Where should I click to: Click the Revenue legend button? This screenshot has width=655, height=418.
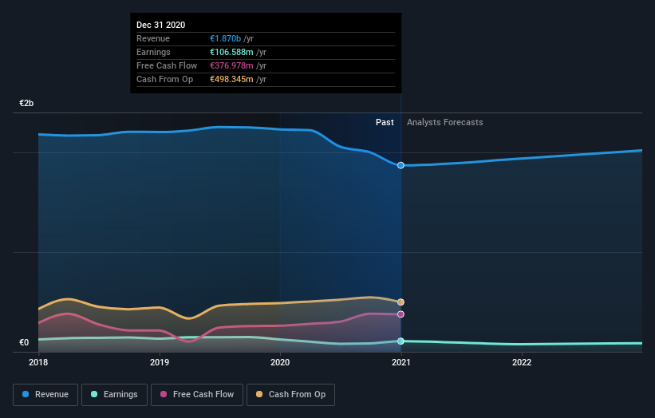(46, 394)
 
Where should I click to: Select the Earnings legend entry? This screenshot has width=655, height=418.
(114, 394)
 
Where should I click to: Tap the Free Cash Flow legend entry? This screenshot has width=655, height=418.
(197, 394)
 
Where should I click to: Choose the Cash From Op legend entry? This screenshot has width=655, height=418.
(291, 394)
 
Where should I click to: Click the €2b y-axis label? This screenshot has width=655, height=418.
(27, 104)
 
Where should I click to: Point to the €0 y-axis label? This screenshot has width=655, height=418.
(24, 343)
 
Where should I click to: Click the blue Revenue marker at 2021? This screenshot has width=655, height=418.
(400, 165)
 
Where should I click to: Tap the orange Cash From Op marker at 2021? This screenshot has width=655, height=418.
(400, 302)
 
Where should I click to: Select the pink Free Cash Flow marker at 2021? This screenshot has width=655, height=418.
(400, 314)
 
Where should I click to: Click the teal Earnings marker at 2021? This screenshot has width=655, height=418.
(400, 341)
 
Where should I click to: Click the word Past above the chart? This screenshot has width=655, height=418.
(385, 122)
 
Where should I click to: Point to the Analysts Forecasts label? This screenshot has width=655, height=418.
(444, 122)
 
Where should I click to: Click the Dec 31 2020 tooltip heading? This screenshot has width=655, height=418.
(160, 25)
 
